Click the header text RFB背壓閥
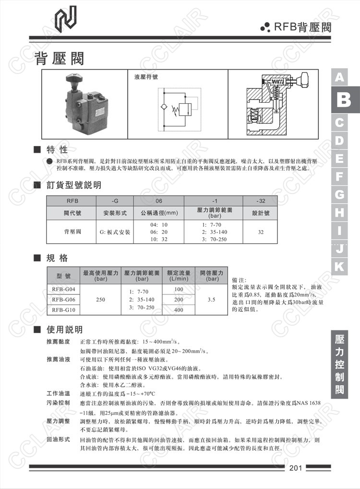point(302,27)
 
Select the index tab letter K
point(339,266)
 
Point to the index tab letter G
point(339,195)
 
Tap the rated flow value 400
point(179,310)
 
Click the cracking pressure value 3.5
point(212,300)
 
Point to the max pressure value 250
point(101,300)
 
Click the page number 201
point(295,468)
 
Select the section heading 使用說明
point(64,330)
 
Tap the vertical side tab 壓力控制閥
point(340,365)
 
